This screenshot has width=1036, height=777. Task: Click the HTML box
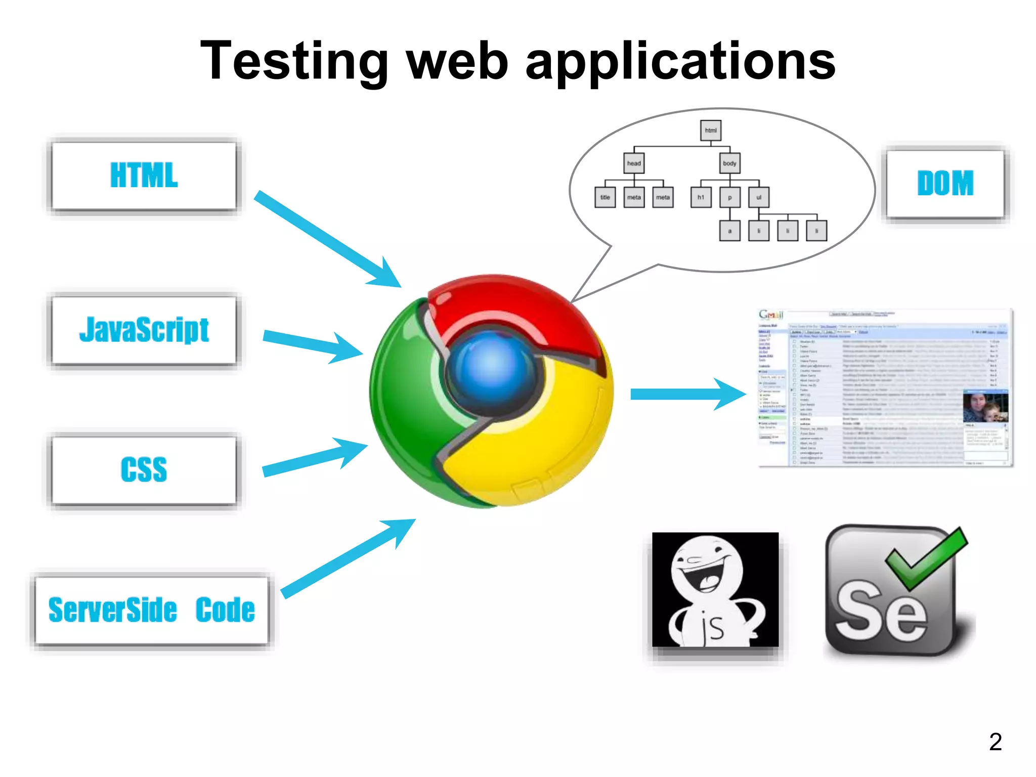click(144, 176)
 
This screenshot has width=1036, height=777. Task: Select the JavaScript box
click(144, 330)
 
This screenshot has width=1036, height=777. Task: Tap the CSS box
click(144, 470)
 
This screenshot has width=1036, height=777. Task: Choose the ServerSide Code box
click(151, 610)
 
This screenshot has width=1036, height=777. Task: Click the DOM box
click(945, 184)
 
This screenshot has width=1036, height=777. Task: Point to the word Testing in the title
click(294, 62)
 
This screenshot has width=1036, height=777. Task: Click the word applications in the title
click(680, 62)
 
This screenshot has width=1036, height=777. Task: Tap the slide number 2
click(995, 742)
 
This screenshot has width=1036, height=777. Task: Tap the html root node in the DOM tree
click(711, 131)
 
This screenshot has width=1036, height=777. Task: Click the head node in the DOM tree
click(634, 163)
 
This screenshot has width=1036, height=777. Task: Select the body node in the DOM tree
click(729, 163)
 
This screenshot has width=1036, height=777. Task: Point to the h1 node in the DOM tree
click(701, 197)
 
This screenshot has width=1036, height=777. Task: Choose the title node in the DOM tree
click(605, 197)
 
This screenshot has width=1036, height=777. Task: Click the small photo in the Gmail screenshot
click(985, 407)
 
